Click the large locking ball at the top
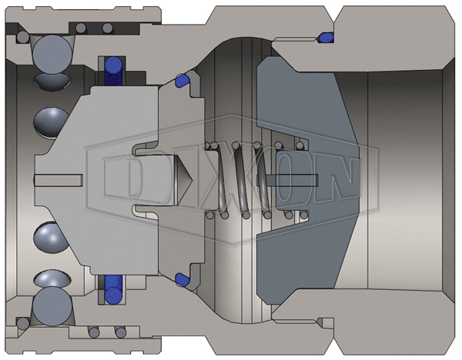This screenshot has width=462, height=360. (x=52, y=54)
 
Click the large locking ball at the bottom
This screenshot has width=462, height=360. (x=52, y=306)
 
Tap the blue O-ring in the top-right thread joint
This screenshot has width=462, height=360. (x=326, y=37)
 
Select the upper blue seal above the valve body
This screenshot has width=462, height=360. (x=113, y=72)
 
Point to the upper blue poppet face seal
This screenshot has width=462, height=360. (x=182, y=80)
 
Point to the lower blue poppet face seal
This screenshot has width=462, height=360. (x=182, y=280)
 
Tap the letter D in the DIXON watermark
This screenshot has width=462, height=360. (x=122, y=179)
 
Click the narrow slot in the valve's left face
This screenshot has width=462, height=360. (x=58, y=180)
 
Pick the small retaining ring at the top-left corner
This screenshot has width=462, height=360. (x=22, y=37)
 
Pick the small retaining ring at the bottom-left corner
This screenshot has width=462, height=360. (x=22, y=324)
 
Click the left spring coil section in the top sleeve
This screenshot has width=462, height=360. (x=81, y=28)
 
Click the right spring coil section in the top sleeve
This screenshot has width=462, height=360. (x=108, y=28)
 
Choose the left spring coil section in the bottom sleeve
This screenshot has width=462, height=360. (x=94, y=332)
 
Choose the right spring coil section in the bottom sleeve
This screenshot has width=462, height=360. (x=121, y=332)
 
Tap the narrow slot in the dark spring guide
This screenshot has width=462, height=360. (x=292, y=180)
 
